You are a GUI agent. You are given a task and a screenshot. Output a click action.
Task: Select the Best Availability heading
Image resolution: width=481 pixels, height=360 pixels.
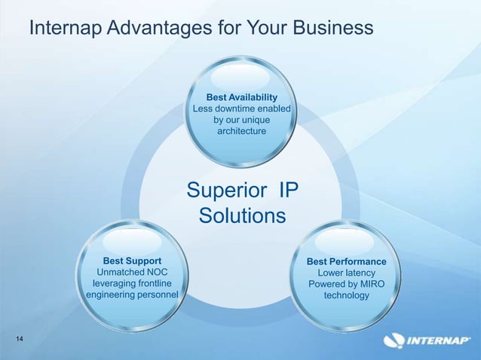pyautogui.click(x=242, y=97)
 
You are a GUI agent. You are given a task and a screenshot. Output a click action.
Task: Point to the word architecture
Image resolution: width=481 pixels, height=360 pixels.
pyautogui.click(x=242, y=132)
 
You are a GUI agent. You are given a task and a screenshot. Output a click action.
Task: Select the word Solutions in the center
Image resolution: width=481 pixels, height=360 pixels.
pyautogui.click(x=242, y=216)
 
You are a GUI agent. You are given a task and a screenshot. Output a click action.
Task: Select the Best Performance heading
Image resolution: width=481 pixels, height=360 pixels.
pyautogui.click(x=347, y=261)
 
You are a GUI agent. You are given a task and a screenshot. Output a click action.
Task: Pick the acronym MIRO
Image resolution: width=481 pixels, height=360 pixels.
pyautogui.click(x=369, y=284)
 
